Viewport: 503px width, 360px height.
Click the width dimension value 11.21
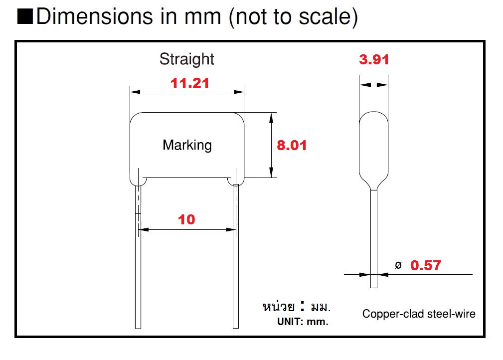point(190,83)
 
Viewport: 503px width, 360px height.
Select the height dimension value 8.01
point(292,145)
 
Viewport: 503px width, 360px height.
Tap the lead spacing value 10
point(186,219)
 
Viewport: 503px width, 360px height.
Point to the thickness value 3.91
point(374,59)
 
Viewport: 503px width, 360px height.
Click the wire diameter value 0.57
point(425,265)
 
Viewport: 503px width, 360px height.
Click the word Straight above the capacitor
point(186,59)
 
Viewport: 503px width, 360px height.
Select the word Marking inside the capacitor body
point(187,145)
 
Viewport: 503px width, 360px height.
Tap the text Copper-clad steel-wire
point(419,314)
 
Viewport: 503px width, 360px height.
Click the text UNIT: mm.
point(303,322)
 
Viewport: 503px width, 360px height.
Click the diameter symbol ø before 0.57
point(398,265)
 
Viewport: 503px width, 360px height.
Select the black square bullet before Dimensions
point(25,17)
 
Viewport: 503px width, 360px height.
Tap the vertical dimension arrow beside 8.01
point(271,145)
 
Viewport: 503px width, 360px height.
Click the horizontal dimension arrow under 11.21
point(187,92)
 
